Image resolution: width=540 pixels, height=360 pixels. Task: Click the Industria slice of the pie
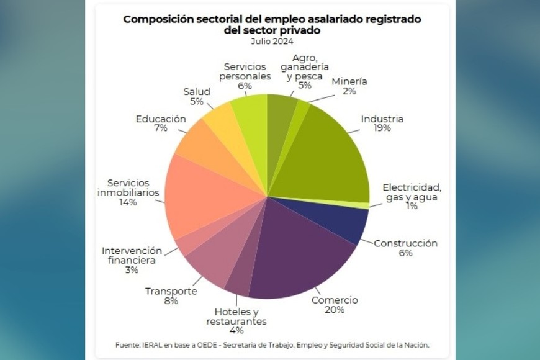click(x=329, y=155)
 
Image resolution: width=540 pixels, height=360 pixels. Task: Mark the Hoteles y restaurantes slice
click(x=239, y=279)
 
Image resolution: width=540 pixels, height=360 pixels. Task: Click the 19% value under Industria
click(x=382, y=128)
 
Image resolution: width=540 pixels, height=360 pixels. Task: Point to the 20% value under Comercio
click(x=335, y=310)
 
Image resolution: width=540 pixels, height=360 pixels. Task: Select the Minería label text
click(x=349, y=81)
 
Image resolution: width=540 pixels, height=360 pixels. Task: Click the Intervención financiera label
click(x=132, y=256)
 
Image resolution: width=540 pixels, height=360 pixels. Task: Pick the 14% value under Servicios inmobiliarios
click(x=128, y=202)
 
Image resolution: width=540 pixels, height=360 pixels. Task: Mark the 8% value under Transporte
click(x=171, y=301)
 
